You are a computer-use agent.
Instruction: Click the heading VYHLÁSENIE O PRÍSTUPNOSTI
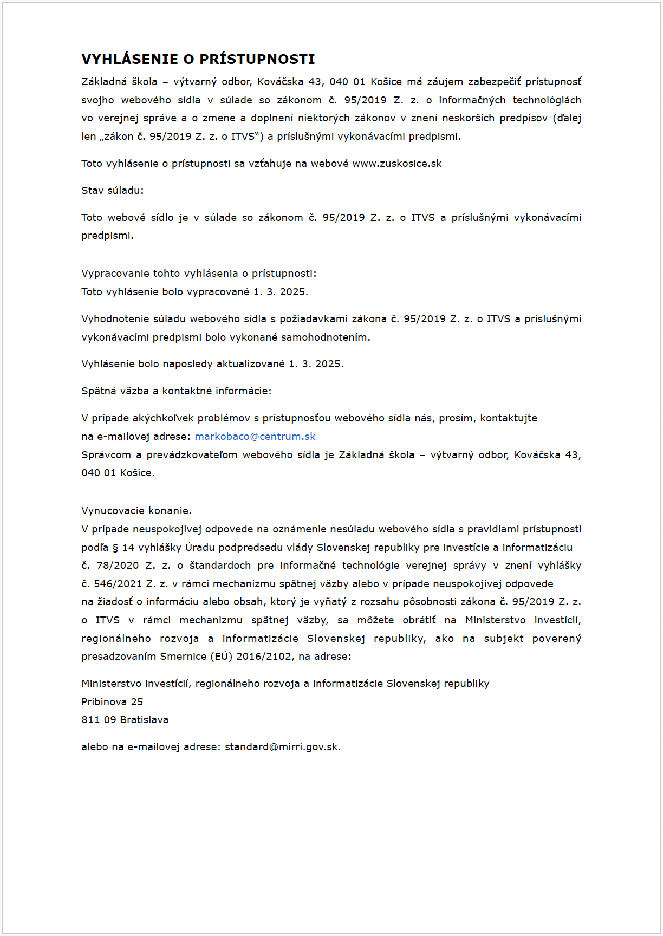pos(198,59)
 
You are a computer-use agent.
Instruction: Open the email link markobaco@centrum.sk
pos(255,437)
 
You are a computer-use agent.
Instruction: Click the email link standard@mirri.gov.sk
pos(281,747)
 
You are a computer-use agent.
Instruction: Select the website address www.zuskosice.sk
pos(397,164)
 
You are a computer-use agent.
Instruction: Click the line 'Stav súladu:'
pos(113,191)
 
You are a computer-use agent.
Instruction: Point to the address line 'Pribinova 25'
pos(112,702)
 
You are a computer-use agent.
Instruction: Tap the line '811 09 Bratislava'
pos(125,720)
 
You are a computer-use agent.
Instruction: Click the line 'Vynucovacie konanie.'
pos(136,511)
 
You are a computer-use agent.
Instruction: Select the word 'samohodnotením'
pos(326,337)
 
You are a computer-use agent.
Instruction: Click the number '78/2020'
pos(118,565)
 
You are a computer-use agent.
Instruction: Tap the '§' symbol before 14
pos(115,548)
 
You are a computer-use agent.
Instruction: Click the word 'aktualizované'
pos(251,364)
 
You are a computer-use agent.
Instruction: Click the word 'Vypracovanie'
pos(114,274)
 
